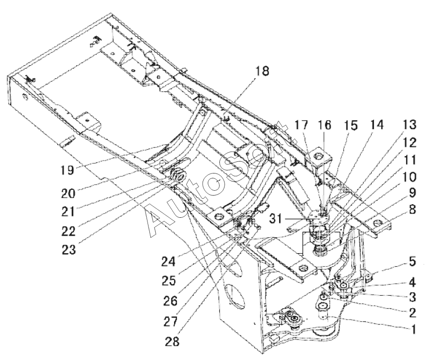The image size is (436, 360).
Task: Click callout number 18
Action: coord(262,71)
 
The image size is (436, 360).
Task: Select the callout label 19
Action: coord(67,170)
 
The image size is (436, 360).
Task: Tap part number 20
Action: coord(68,193)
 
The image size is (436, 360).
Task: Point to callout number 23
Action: coord(69,249)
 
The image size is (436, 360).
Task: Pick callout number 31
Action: coord(276,219)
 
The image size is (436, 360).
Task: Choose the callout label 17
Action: coord(302,125)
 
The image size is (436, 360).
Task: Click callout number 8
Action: coord(412,209)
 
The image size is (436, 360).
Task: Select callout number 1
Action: coord(414,329)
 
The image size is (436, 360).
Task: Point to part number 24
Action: coord(169,262)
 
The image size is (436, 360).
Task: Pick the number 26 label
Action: coord(170,301)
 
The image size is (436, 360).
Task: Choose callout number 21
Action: coord(68,212)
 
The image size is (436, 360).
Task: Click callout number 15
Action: coord(351,125)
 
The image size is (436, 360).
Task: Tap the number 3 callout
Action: coord(412,297)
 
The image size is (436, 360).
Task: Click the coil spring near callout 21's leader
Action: coord(178,174)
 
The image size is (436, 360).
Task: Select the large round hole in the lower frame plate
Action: coord(235,296)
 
